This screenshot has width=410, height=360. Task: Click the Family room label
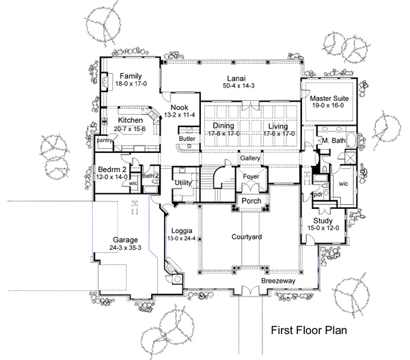tap(131, 76)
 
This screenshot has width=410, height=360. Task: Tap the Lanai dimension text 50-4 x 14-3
tap(238, 85)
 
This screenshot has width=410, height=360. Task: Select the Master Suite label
tap(329, 98)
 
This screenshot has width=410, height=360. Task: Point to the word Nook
tap(179, 107)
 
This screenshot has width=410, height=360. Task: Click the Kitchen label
tap(131, 120)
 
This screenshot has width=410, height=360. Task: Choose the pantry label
tap(105, 141)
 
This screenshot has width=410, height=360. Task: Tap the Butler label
tap(187, 138)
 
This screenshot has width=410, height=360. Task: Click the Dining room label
tap(223, 126)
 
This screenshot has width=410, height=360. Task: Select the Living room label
tap(278, 126)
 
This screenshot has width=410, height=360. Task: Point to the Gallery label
tap(250, 158)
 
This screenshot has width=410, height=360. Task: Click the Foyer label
tap(251, 176)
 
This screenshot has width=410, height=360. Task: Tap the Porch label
tap(251, 201)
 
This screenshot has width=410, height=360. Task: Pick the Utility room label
tap(183, 183)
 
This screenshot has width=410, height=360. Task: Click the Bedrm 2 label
tap(112, 169)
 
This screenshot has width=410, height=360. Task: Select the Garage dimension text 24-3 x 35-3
tap(126, 247)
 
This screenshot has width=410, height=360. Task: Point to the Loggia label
tap(182, 231)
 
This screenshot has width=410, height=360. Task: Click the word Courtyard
tap(247, 237)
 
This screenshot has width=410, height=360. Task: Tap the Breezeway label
tap(279, 281)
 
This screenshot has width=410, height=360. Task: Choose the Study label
tap(323, 221)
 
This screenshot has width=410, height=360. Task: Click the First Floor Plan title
tap(309, 330)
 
